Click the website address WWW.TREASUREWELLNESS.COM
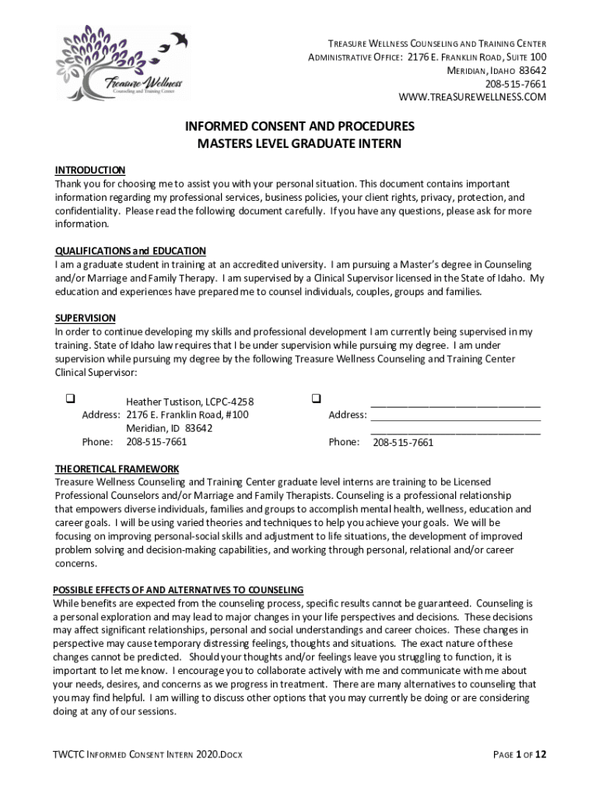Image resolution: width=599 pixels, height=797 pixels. coord(472,97)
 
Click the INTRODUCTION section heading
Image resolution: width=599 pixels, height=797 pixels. coord(89,170)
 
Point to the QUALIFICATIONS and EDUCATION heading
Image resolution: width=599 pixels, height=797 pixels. coord(130,251)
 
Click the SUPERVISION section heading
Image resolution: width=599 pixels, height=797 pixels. coord(85,318)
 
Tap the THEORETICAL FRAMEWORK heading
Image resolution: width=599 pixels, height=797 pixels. coord(117,469)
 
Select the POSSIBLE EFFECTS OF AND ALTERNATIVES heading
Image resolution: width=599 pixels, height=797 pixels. coord(178,589)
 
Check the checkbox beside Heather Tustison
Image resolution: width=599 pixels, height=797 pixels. coord(69,399)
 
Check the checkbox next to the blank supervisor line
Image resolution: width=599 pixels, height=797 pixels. coord(317,399)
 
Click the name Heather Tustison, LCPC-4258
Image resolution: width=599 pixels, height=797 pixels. coord(190,402)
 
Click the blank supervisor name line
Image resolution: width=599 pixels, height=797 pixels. coord(455,403)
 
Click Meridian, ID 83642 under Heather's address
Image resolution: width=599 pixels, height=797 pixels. coord(170,428)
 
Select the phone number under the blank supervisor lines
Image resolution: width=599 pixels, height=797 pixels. coord(403,443)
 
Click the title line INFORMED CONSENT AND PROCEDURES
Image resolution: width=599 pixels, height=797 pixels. coord(299,126)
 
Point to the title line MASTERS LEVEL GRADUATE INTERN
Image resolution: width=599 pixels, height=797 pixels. coord(299,144)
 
